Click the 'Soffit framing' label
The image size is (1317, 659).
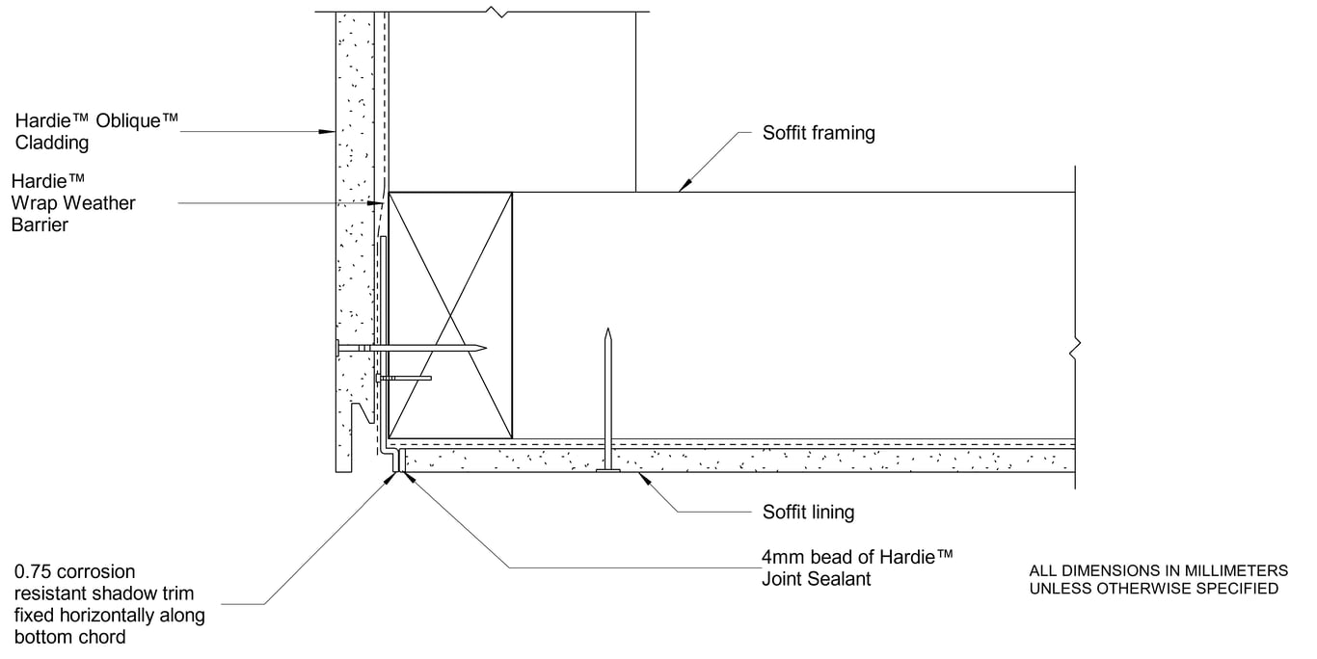coord(819,133)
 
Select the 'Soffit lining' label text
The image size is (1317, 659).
coord(808,512)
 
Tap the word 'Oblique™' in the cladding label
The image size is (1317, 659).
coord(139,120)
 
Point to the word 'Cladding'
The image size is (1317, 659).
coord(52,143)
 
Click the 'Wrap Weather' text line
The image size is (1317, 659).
coord(73,203)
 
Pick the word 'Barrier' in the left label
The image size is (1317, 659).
coord(40,225)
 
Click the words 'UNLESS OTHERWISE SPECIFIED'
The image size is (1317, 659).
coord(1154,588)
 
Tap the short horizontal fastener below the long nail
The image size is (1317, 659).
coord(404,378)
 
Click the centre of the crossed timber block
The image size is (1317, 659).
coord(450,314)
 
